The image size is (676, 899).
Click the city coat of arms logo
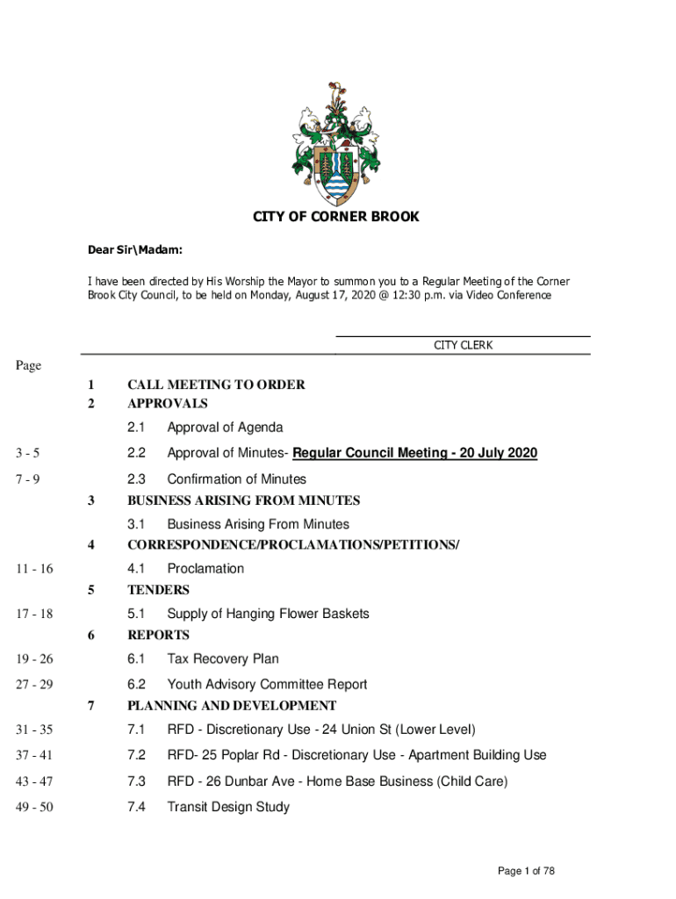pyautogui.click(x=337, y=142)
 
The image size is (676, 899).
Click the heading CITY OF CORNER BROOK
pyautogui.click(x=337, y=217)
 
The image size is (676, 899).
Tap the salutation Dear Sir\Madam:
pyautogui.click(x=134, y=251)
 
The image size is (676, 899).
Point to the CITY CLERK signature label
pyautogui.click(x=463, y=345)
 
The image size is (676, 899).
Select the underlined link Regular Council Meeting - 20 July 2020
pyautogui.click(x=414, y=453)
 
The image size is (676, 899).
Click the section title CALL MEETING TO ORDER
pyautogui.click(x=216, y=385)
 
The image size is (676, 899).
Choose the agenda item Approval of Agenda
pyautogui.click(x=225, y=428)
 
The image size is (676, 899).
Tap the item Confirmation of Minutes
pyautogui.click(x=236, y=479)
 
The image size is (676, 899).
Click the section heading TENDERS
pyautogui.click(x=158, y=590)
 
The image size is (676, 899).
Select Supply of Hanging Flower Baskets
pyautogui.click(x=268, y=614)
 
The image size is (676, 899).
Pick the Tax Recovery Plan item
pyautogui.click(x=223, y=658)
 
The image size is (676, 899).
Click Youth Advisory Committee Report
pyautogui.click(x=267, y=685)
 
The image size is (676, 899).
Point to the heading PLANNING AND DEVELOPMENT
pyautogui.click(x=232, y=706)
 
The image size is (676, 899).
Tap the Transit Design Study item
pyautogui.click(x=228, y=807)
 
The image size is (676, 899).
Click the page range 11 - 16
pyautogui.click(x=34, y=569)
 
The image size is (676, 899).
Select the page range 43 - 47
pyautogui.click(x=34, y=781)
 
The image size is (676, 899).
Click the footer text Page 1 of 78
pyautogui.click(x=526, y=871)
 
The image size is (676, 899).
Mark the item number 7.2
pyautogui.click(x=136, y=755)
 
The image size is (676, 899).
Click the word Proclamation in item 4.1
pyautogui.click(x=205, y=569)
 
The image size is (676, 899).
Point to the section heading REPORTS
pyautogui.click(x=158, y=635)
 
